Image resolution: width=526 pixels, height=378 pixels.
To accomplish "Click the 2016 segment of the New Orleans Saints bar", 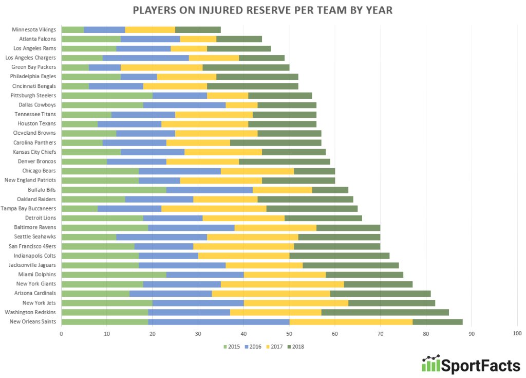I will [x=219, y=321].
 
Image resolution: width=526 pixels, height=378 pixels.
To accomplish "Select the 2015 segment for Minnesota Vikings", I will [x=72, y=29].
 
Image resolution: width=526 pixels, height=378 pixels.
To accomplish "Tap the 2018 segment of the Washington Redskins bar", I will [x=385, y=312].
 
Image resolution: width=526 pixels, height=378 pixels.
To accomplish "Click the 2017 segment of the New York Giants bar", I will [x=282, y=284].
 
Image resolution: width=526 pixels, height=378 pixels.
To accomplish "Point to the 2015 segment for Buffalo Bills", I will [x=114, y=189].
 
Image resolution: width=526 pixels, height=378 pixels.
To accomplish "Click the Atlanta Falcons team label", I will [x=37, y=39].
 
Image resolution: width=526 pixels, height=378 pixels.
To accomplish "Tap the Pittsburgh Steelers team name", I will [x=33, y=96].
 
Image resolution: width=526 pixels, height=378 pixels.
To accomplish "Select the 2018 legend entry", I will [x=296, y=347].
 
